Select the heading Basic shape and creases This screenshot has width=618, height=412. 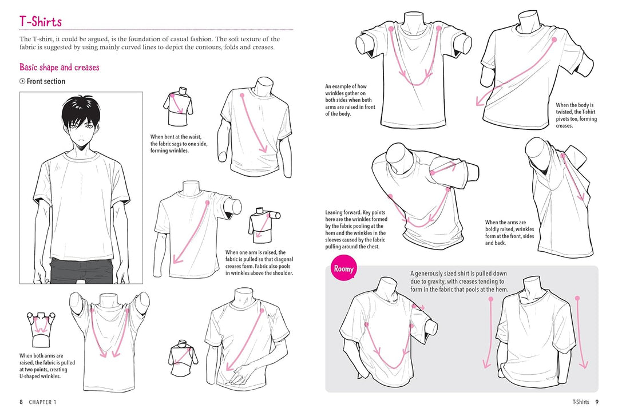(59, 67)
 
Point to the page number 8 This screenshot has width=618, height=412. (21, 402)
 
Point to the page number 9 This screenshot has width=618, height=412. (596, 402)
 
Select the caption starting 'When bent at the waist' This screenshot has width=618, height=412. (179, 144)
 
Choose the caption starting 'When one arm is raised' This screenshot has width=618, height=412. (259, 263)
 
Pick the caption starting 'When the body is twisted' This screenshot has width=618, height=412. (576, 115)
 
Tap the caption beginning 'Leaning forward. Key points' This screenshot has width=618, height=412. (355, 229)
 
